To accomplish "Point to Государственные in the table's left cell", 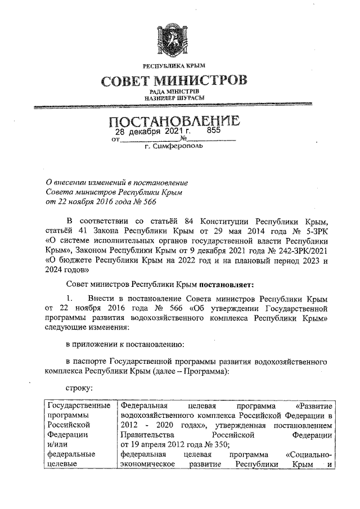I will coord(78,406).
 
